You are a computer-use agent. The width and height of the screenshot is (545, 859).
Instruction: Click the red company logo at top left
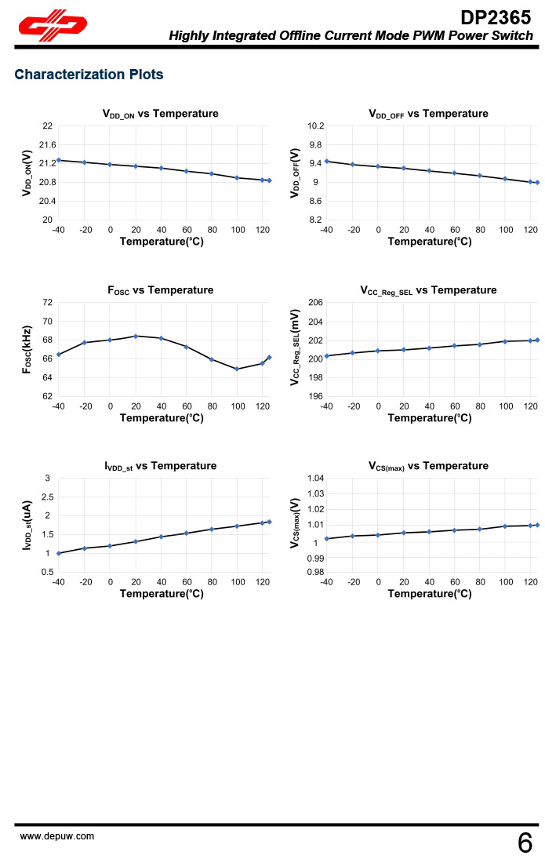click(52, 27)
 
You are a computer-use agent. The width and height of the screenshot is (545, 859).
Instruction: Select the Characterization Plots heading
click(89, 75)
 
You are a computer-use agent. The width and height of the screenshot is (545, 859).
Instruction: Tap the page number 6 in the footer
click(525, 843)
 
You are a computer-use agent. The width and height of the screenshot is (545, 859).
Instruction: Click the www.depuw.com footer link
click(56, 836)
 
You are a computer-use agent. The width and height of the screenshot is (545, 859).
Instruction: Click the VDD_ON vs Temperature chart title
click(161, 114)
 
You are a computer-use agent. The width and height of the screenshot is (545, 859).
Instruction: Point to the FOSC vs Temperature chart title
click(161, 290)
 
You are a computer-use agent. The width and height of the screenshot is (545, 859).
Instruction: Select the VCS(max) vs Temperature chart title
click(428, 466)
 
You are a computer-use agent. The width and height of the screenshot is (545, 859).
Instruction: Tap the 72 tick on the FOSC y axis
click(48, 303)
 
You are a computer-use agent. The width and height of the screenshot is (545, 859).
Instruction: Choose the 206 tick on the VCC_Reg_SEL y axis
click(315, 303)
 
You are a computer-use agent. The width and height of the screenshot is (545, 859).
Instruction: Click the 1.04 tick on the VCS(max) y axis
click(314, 479)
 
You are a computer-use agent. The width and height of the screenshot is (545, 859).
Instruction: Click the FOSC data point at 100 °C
click(237, 369)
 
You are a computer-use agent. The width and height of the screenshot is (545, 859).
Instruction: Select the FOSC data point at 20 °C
click(136, 336)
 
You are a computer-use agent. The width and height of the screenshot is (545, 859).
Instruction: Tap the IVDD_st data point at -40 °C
click(59, 553)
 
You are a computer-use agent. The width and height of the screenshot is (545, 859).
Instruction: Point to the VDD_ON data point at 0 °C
click(110, 164)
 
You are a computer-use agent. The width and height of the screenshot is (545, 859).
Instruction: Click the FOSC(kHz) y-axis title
click(27, 349)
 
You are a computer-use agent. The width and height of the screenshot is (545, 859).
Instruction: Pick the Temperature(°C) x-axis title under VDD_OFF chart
click(430, 242)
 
